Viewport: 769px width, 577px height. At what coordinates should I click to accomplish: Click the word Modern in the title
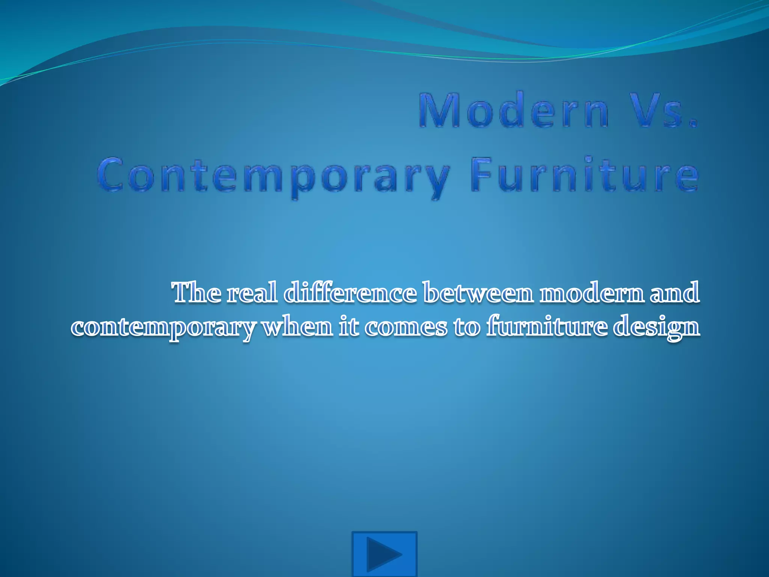514,110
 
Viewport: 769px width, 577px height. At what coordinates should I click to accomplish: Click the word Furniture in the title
584,175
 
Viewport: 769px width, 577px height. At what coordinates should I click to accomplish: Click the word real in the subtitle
252,293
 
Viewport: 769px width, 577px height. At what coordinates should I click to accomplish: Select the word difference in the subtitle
350,293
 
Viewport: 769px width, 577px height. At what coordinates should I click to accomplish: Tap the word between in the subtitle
478,293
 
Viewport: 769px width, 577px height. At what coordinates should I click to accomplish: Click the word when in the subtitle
297,327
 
